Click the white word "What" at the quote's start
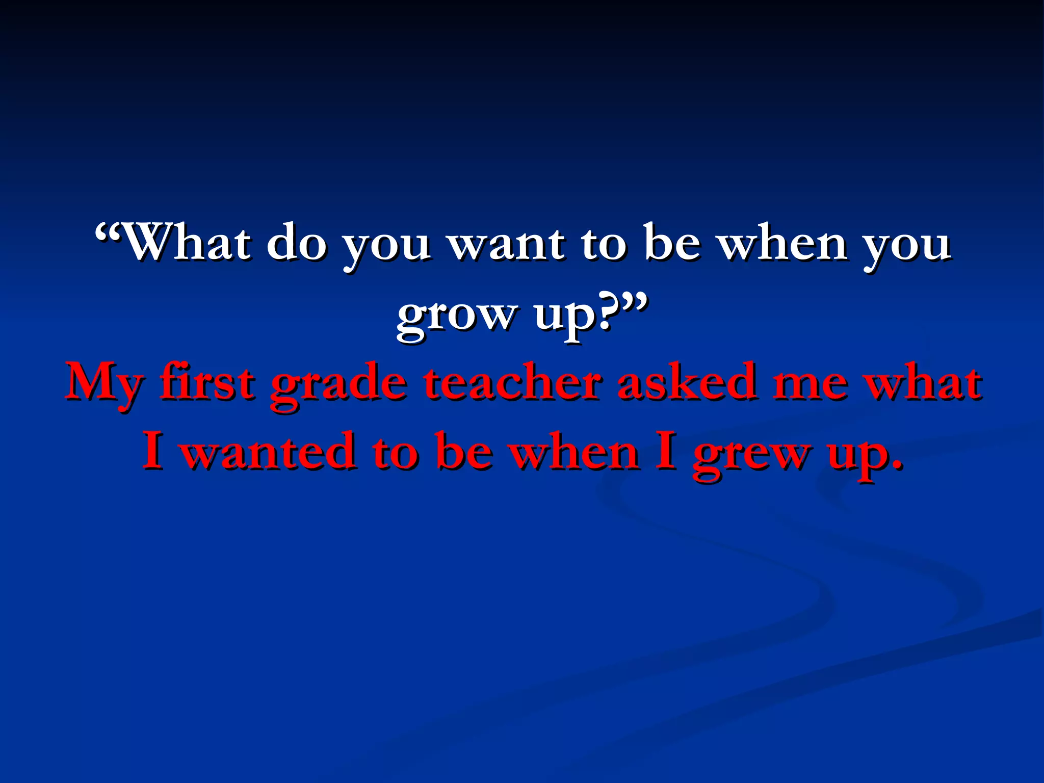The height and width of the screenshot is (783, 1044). [187, 243]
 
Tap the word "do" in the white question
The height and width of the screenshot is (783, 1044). [296, 243]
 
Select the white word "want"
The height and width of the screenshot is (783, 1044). [506, 243]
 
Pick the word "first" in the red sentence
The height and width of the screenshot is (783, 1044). [206, 382]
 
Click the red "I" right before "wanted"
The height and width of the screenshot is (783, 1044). [152, 451]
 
